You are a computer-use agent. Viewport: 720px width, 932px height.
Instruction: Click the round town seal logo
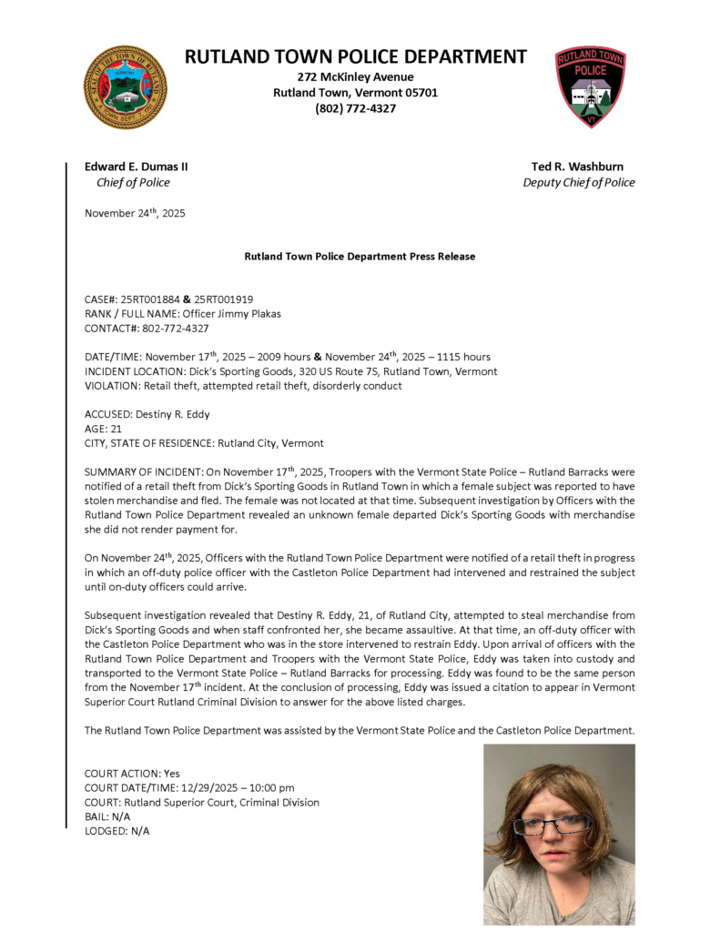[125, 87]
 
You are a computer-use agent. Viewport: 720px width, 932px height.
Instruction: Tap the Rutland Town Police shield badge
[590, 86]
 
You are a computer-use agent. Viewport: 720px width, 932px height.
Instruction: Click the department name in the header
[356, 56]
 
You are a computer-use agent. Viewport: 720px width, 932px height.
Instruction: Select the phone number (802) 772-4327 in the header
[356, 108]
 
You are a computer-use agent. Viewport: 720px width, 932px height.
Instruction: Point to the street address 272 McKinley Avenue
[356, 76]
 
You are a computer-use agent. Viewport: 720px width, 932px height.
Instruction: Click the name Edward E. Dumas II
[137, 167]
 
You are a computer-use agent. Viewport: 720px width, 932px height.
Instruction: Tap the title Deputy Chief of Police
[578, 182]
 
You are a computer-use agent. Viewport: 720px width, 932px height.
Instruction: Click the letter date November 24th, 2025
[135, 213]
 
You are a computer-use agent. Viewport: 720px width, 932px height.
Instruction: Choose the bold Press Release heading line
[360, 257]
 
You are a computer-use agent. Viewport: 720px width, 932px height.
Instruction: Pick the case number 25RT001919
[224, 299]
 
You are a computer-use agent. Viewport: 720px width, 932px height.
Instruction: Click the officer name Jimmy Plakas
[237, 314]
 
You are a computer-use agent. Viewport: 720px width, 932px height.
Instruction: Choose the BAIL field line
[107, 816]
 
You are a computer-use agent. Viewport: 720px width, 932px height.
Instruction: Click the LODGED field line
[117, 831]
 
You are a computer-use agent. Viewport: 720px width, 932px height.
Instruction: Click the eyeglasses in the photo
[552, 825]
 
